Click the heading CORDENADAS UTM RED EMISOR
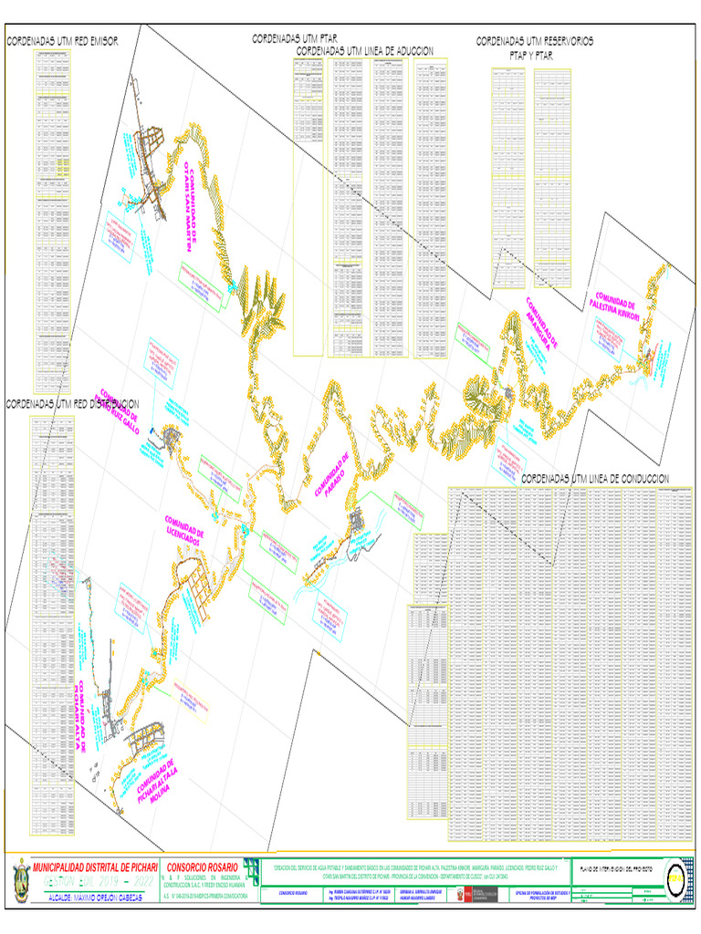(x=63, y=41)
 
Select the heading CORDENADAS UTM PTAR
(x=295, y=38)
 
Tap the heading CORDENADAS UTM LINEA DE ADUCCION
(x=364, y=51)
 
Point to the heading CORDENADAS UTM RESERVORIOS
(x=534, y=41)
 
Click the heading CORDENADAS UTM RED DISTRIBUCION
(x=72, y=402)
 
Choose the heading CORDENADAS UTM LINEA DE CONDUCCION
(x=597, y=478)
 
